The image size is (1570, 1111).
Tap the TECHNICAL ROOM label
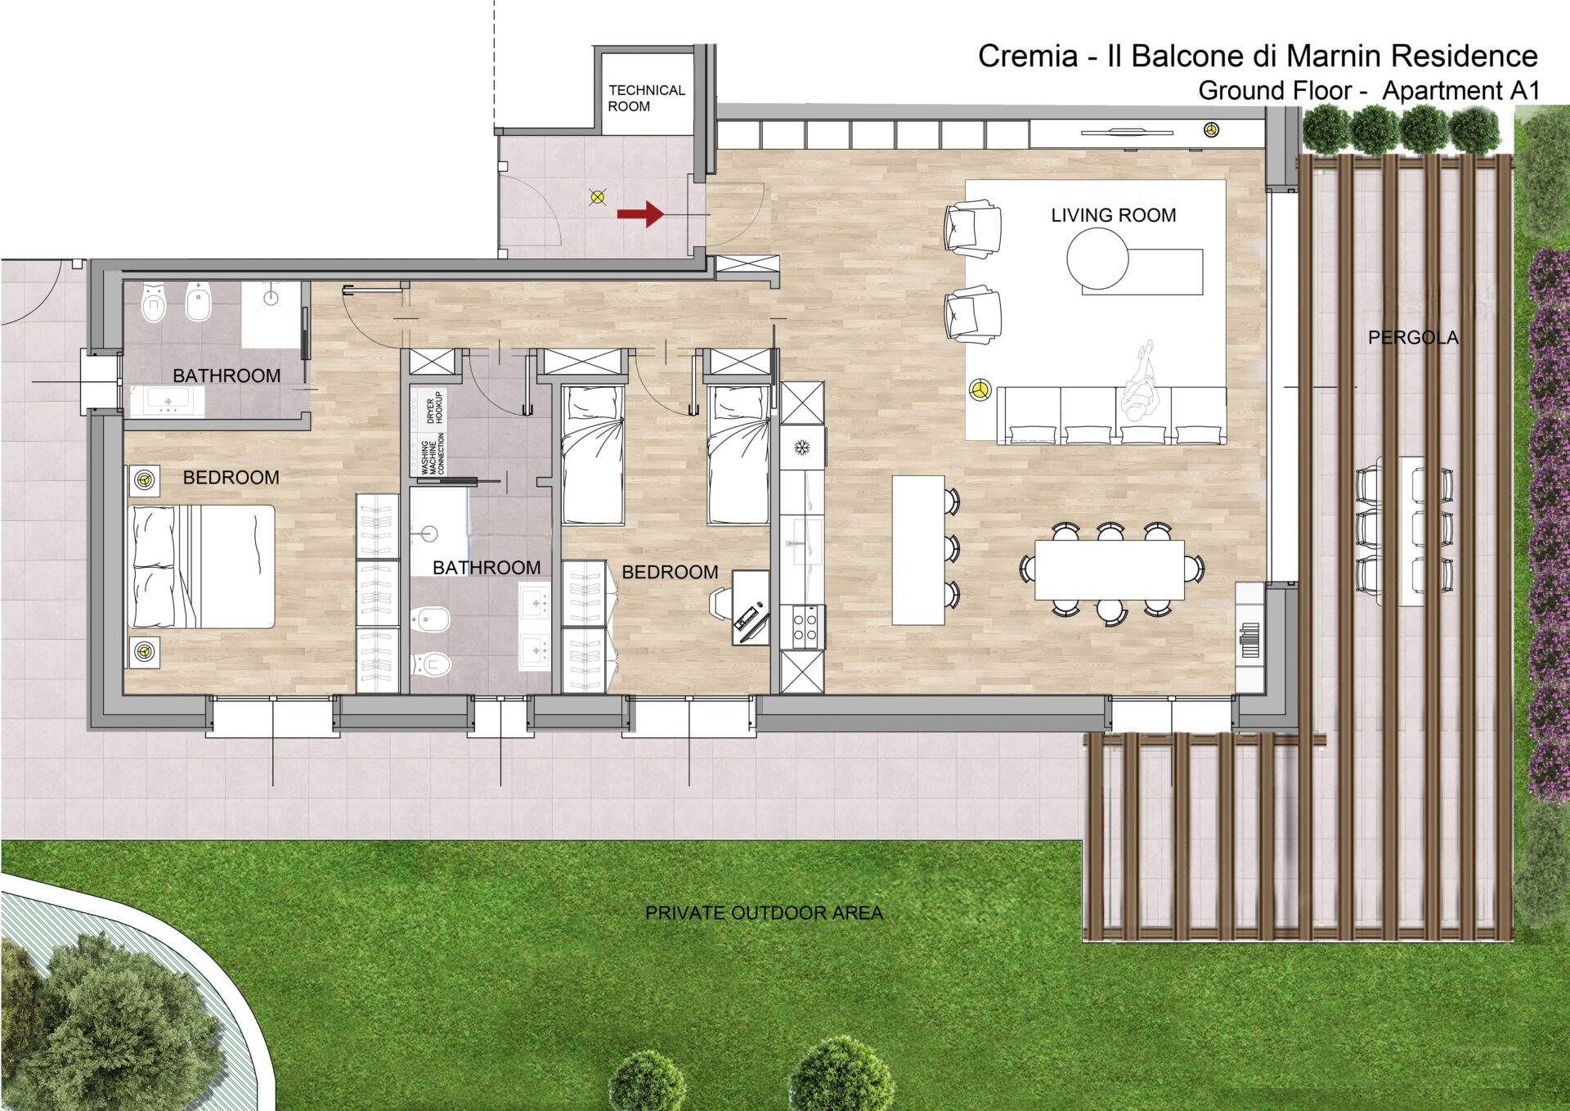pos(646,98)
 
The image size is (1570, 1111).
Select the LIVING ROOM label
pos(1113,215)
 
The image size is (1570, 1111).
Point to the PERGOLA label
pos(1413,337)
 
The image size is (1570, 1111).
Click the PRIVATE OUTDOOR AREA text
pos(764,913)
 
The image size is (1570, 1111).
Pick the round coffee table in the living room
pos(1097,259)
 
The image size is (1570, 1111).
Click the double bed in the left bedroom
pos(201,566)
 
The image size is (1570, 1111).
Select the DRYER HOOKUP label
pos(434,407)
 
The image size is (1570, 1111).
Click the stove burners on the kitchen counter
pos(803,627)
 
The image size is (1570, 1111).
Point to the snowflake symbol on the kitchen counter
pos(802,448)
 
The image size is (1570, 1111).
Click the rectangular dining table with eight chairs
pos(1110,569)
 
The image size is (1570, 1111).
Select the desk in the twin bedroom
pos(750,607)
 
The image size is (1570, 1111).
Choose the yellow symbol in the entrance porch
pos(598,196)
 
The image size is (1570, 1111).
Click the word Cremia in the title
pos(1028,56)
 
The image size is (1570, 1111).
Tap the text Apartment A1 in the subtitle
pos(1461,91)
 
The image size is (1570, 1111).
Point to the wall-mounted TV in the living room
pos(1127,132)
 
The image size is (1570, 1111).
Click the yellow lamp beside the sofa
pos(980,389)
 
